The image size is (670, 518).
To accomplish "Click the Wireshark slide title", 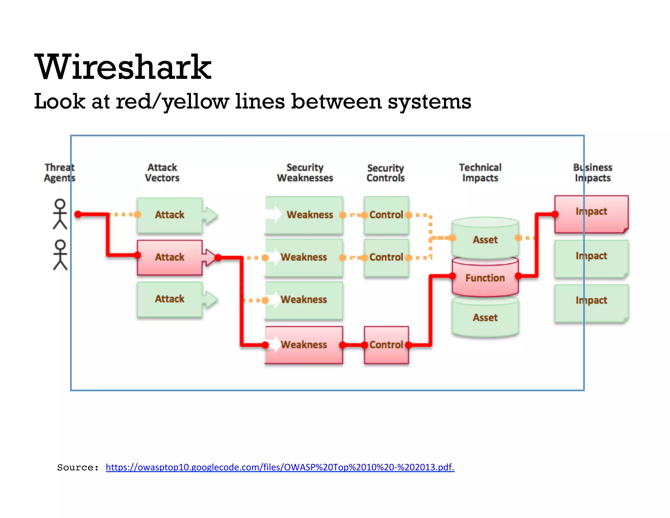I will pyautogui.click(x=123, y=67).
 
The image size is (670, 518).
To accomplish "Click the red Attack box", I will pyautogui.click(x=169, y=257).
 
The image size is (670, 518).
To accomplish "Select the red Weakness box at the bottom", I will pyautogui.click(x=304, y=345).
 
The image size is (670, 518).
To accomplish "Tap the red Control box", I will pyautogui.click(x=386, y=345).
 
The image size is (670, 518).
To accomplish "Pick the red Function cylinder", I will pyautogui.click(x=485, y=278).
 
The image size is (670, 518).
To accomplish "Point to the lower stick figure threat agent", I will pyautogui.click(x=60, y=255).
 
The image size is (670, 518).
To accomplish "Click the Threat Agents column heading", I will pyautogui.click(x=60, y=173).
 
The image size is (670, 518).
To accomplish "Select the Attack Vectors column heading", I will pyautogui.click(x=162, y=173).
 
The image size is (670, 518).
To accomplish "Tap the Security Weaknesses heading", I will pyautogui.click(x=305, y=173).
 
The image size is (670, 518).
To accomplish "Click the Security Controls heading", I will pyautogui.click(x=385, y=173).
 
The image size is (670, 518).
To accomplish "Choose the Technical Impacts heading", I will pyautogui.click(x=480, y=173).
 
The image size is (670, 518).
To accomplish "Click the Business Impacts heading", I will pyautogui.click(x=592, y=173).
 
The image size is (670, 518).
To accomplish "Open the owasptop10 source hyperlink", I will pyautogui.click(x=280, y=467).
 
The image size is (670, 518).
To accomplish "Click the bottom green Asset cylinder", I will pyautogui.click(x=485, y=318).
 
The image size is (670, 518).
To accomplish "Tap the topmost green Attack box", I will pyautogui.click(x=169, y=215).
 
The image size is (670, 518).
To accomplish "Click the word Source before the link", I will pyautogui.click(x=78, y=468).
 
